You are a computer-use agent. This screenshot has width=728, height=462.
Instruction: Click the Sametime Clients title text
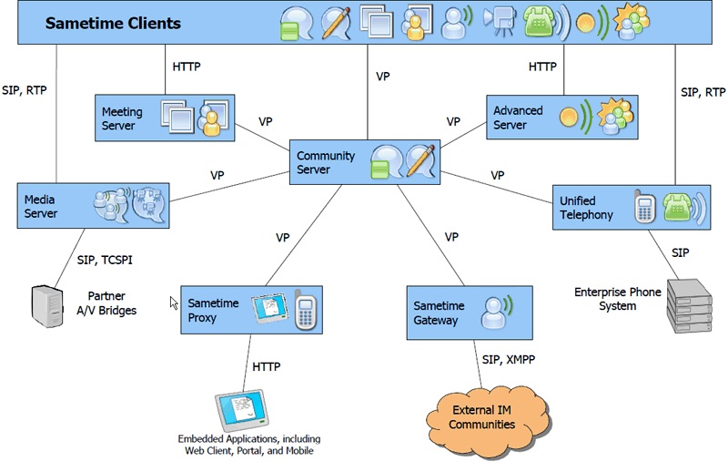[113, 23]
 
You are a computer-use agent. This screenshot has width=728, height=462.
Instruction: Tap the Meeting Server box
[164, 118]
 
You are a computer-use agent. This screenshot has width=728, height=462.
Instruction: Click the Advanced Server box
[560, 118]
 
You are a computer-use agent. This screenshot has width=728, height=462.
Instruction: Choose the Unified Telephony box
[629, 208]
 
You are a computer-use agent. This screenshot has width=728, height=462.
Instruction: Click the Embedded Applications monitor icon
[241, 411]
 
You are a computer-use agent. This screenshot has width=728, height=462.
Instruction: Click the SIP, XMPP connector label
[507, 360]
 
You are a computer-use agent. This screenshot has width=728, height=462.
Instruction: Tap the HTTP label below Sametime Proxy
[266, 366]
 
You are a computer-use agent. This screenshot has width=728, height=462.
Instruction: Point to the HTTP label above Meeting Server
[186, 67]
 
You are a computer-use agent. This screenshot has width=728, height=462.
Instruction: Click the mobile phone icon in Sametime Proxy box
[304, 310]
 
